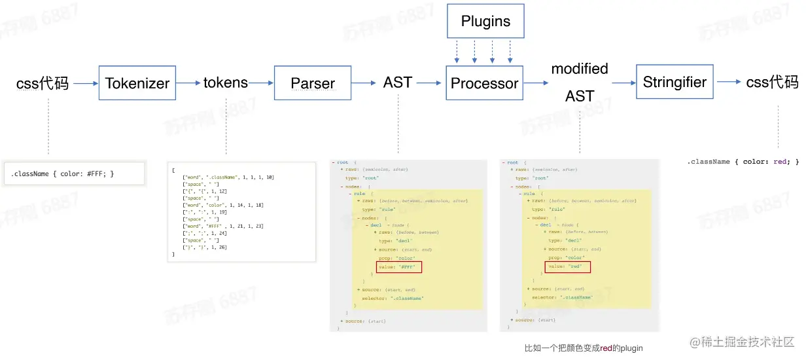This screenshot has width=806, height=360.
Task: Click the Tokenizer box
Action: click(x=137, y=82)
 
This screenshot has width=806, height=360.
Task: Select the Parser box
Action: click(x=313, y=82)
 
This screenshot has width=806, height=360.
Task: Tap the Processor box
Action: click(x=484, y=82)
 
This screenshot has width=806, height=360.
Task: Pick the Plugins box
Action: click(x=485, y=21)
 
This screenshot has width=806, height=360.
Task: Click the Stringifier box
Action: click(x=675, y=82)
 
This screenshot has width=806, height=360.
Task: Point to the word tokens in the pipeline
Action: click(x=225, y=82)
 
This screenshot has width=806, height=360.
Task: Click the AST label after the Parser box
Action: click(x=398, y=82)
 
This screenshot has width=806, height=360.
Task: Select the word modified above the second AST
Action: click(x=580, y=69)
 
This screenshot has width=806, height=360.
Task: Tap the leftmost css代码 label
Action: click(x=43, y=83)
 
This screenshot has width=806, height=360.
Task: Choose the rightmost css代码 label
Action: click(x=772, y=82)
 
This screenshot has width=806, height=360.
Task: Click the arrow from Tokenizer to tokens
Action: click(x=188, y=83)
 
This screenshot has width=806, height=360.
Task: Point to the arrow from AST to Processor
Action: click(x=429, y=83)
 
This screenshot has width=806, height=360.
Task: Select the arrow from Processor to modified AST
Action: click(x=536, y=83)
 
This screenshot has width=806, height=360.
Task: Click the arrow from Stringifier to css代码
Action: click(x=728, y=82)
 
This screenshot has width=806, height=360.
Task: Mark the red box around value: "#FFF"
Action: click(x=399, y=267)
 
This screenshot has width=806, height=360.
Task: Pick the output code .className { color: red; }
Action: click(x=743, y=161)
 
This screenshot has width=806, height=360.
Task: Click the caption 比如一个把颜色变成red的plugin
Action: click(x=579, y=348)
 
